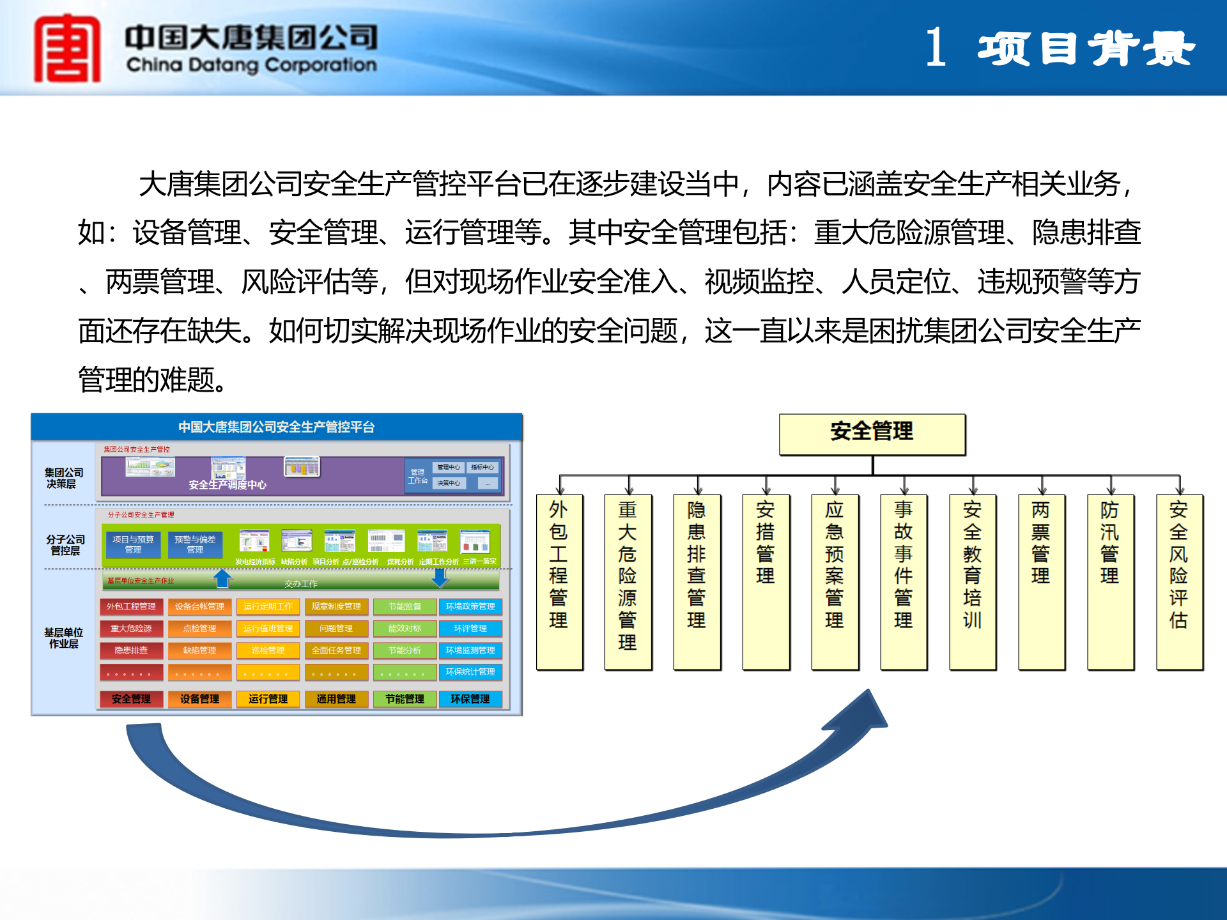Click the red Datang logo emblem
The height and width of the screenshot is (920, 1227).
(x=67, y=49)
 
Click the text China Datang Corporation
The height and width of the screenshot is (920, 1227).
(x=251, y=65)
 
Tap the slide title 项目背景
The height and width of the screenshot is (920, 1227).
(x=1085, y=49)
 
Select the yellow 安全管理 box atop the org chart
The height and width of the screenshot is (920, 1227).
(x=872, y=433)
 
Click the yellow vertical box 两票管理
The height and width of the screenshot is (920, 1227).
(x=1041, y=581)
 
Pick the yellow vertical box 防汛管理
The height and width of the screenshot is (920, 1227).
(x=1110, y=581)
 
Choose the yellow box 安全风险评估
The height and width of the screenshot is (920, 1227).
(x=1179, y=581)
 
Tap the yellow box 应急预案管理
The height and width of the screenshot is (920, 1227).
(x=834, y=581)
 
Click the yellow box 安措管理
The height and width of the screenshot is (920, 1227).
(x=766, y=581)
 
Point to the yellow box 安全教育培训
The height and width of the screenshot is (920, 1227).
(x=972, y=581)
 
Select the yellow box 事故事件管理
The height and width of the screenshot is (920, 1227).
(x=903, y=581)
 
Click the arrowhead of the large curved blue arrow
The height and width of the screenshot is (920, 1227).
(x=863, y=712)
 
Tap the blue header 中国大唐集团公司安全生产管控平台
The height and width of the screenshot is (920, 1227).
(x=276, y=427)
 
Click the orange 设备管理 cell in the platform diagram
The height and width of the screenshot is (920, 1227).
(x=199, y=699)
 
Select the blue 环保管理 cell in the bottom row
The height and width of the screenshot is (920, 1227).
(x=470, y=699)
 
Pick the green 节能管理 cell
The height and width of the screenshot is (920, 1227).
(x=404, y=699)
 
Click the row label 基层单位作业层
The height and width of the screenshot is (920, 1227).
(x=64, y=638)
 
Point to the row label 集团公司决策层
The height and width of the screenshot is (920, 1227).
(x=64, y=478)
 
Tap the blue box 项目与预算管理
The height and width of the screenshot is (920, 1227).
(x=133, y=544)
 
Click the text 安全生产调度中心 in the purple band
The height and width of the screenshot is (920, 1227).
(x=228, y=485)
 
